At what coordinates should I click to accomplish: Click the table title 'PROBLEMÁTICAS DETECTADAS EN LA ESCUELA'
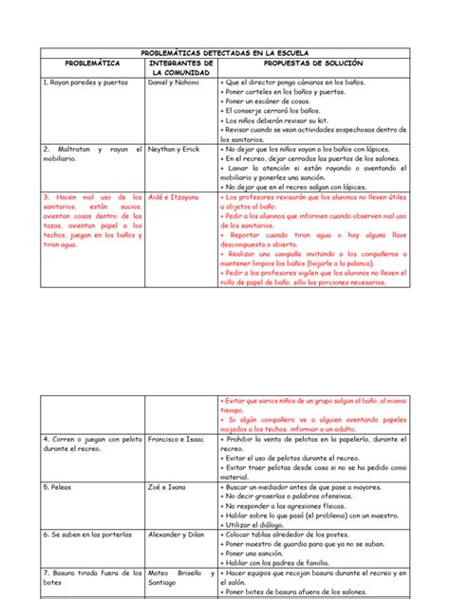(225, 54)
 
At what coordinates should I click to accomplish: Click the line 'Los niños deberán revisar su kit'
(274, 121)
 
